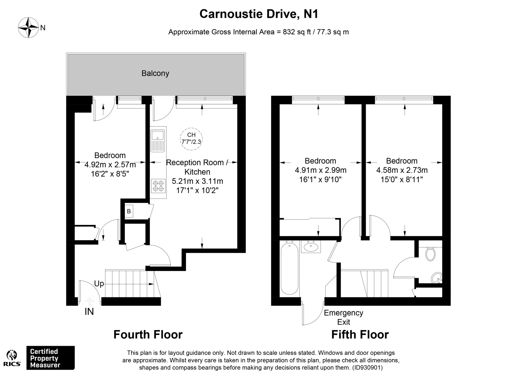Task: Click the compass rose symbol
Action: pos(29,28)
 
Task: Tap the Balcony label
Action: pos(155,73)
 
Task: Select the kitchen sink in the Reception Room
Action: pos(158,141)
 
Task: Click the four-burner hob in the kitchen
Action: pos(158,186)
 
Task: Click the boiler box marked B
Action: pos(129,211)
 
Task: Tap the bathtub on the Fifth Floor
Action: pos(290,268)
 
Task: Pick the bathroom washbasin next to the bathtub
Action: pos(311,247)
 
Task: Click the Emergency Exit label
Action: pos(344,317)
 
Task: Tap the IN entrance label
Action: pos(89,312)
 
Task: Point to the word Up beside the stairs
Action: pos(99,284)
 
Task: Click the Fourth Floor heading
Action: pos(148,335)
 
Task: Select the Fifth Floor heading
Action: pos(360,335)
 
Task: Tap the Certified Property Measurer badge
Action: pos(51,358)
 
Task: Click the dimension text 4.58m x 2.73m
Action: pos(402,170)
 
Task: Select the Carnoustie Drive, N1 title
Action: pos(259,14)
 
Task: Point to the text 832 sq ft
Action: pos(297,32)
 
